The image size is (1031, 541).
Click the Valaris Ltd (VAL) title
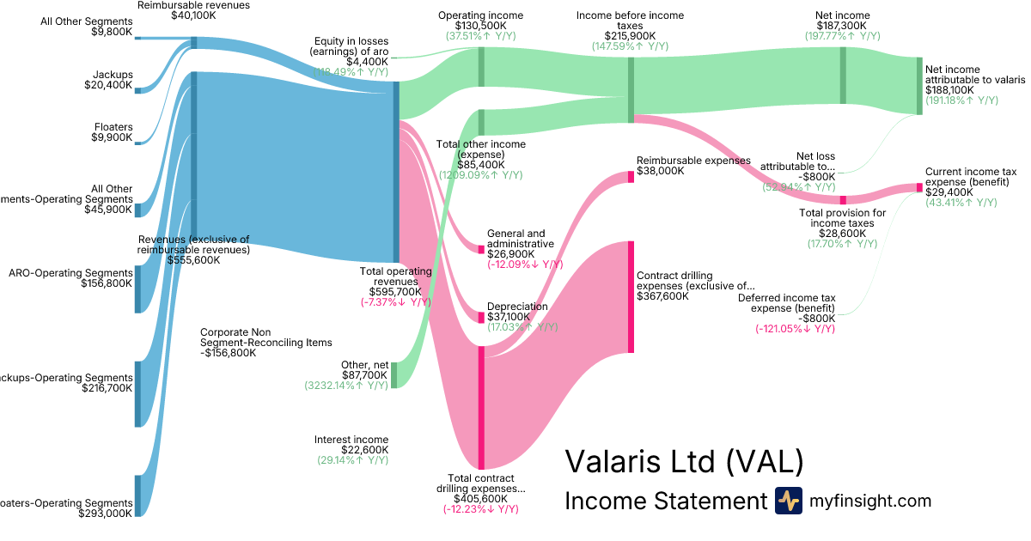(684, 461)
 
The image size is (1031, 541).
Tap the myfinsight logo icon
(788, 501)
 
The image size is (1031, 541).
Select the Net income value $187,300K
(842, 26)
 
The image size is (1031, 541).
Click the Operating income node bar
(481, 67)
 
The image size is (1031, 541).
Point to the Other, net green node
(394, 375)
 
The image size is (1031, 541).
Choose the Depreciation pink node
(481, 317)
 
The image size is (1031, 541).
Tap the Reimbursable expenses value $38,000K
(661, 171)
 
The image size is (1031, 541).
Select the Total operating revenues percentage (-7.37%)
(395, 302)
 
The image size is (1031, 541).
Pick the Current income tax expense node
(918, 187)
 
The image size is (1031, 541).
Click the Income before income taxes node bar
(631, 90)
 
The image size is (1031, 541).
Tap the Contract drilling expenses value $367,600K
(663, 296)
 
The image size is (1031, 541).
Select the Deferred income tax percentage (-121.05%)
(795, 329)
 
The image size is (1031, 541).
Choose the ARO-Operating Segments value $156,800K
(107, 283)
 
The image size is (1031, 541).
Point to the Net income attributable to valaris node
(919, 86)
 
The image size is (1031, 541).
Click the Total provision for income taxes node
(843, 200)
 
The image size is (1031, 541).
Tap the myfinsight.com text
(869, 501)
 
